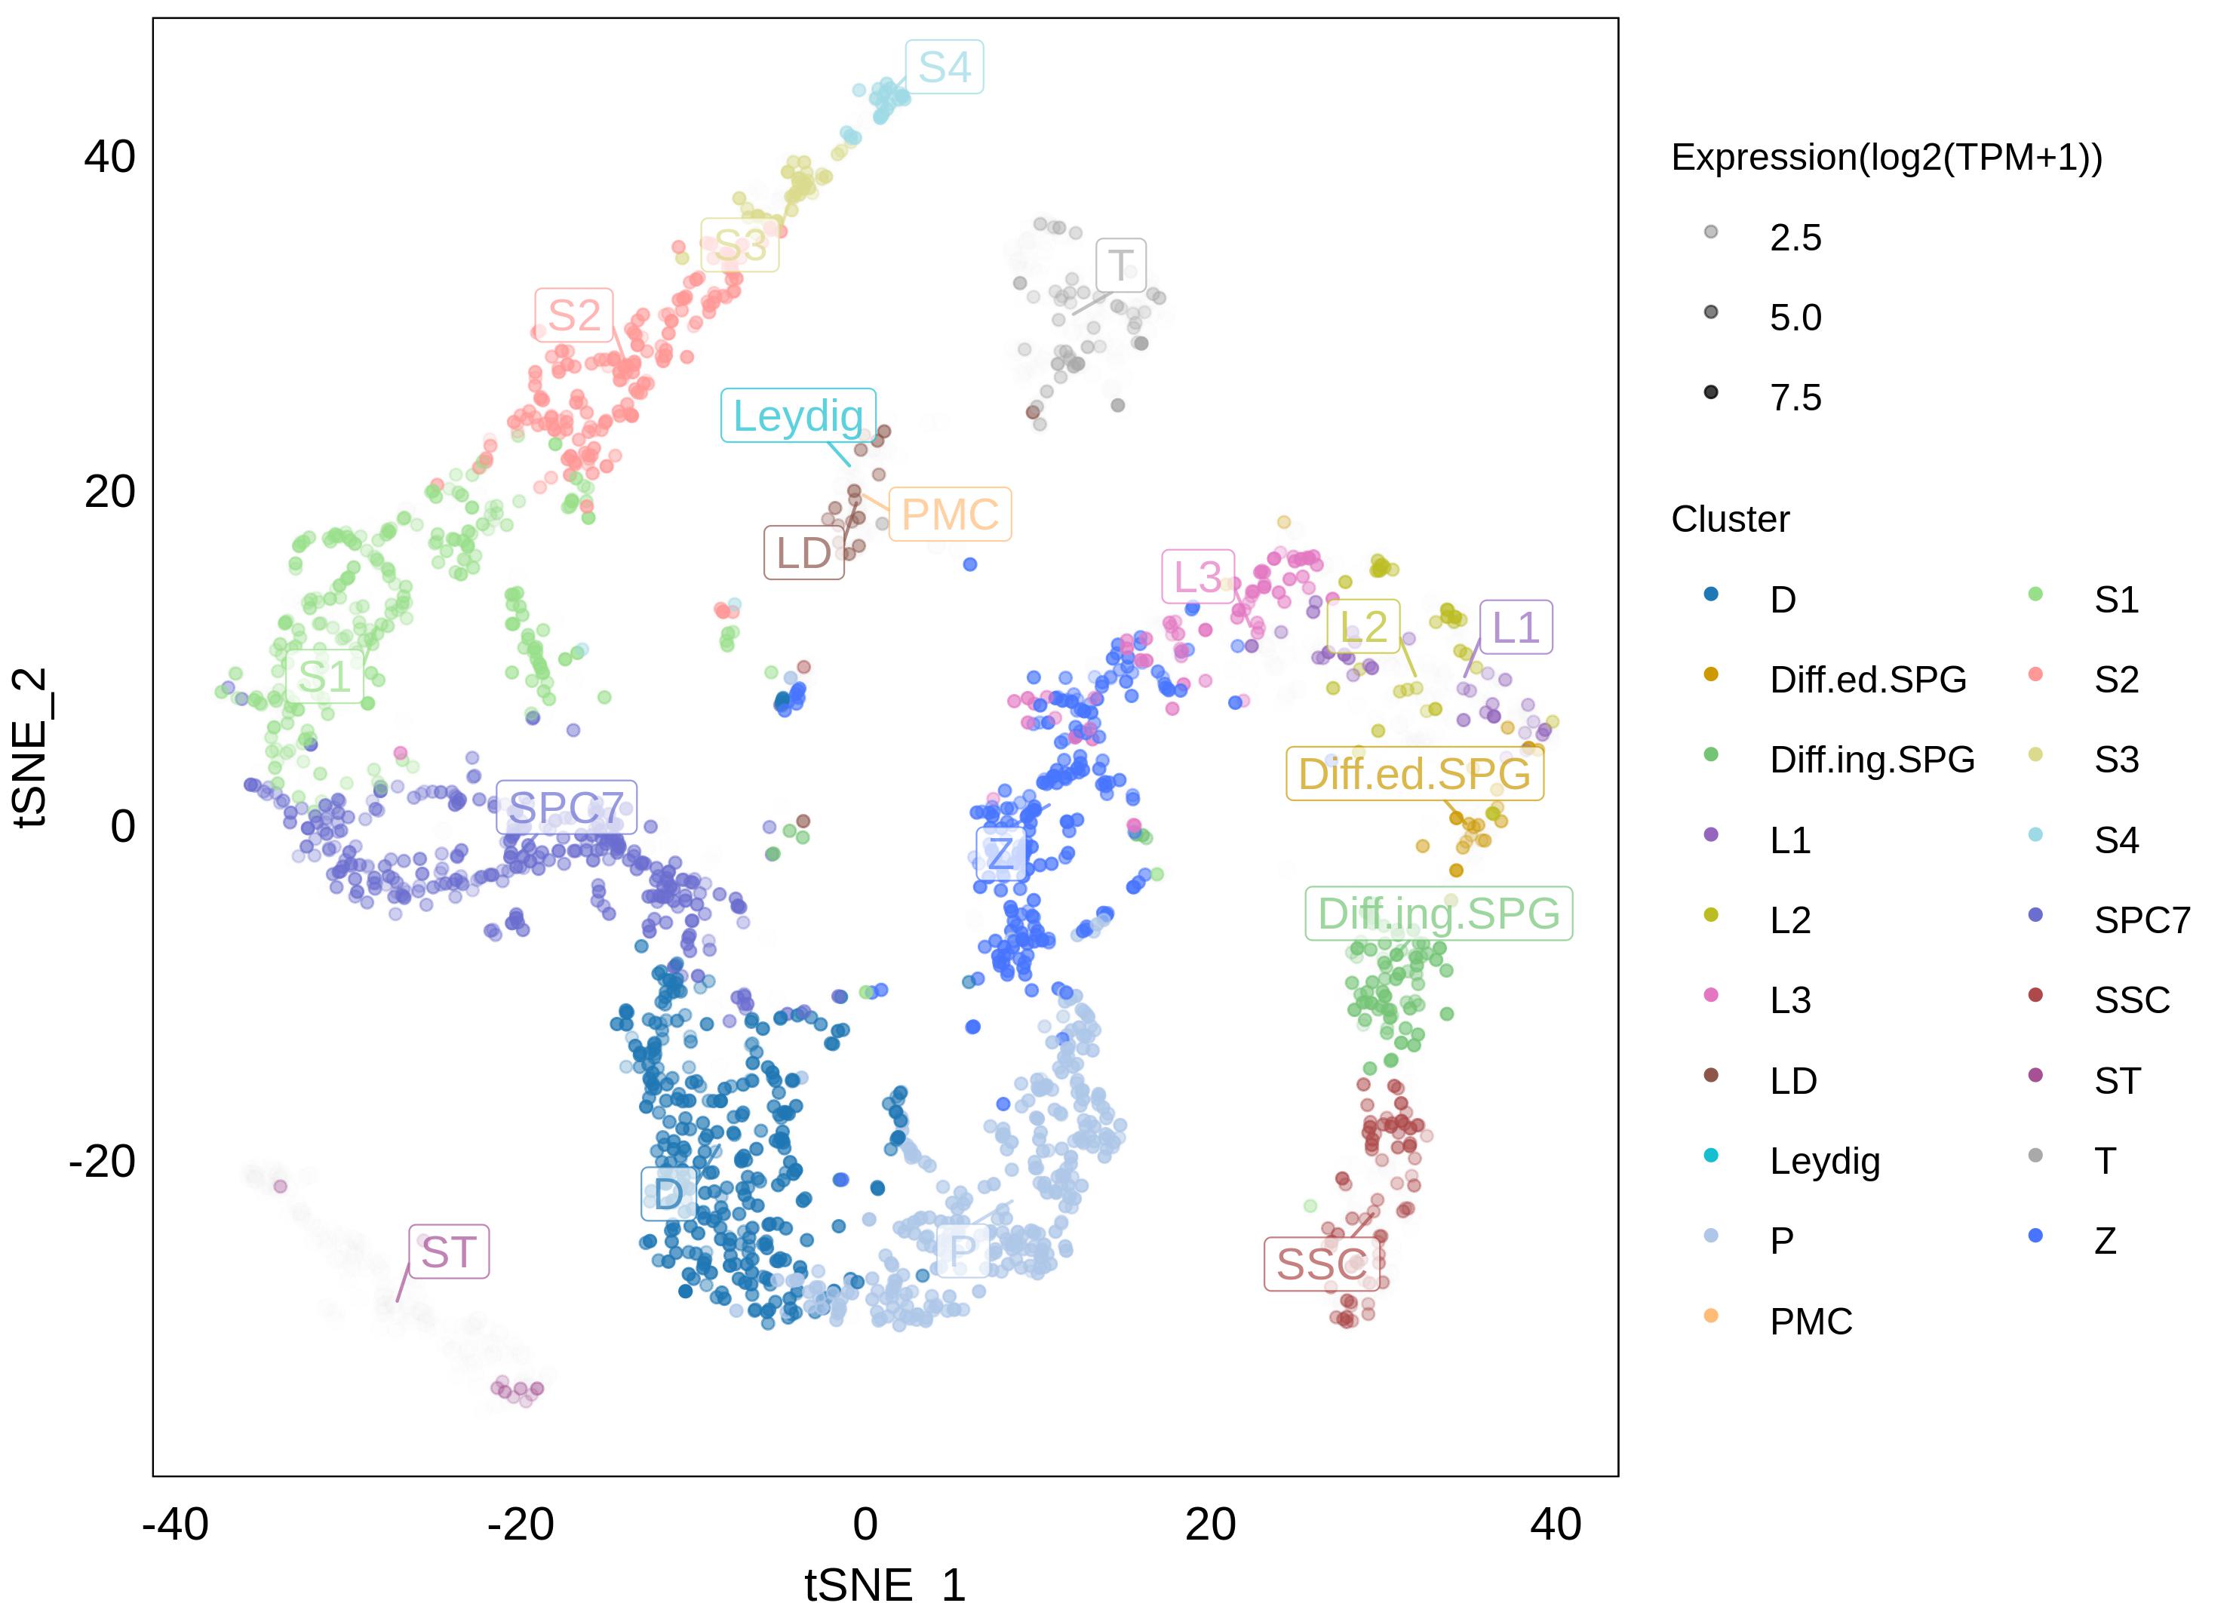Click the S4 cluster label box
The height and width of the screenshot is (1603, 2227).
click(944, 66)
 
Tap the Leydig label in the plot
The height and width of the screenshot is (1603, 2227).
click(797, 415)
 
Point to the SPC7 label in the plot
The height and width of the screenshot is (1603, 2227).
click(566, 808)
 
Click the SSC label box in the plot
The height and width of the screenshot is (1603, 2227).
click(1321, 1264)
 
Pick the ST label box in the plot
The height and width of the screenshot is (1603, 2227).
click(449, 1251)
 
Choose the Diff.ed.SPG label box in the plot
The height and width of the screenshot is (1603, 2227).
click(1414, 773)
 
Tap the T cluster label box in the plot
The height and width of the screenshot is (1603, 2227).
click(1120, 265)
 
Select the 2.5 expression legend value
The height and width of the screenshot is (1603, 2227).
click(1795, 238)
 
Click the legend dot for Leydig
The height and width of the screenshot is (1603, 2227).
click(1710, 1156)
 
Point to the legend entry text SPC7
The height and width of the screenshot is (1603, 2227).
click(2142, 920)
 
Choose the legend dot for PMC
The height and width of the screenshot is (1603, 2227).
click(1710, 1316)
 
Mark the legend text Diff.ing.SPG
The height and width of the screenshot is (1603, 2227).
click(1872, 760)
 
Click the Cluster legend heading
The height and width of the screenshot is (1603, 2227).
click(1730, 519)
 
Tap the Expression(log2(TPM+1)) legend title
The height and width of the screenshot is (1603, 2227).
click(1886, 157)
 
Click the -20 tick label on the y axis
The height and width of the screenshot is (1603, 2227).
click(102, 1161)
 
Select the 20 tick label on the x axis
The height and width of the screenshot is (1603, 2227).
click(1210, 1525)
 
